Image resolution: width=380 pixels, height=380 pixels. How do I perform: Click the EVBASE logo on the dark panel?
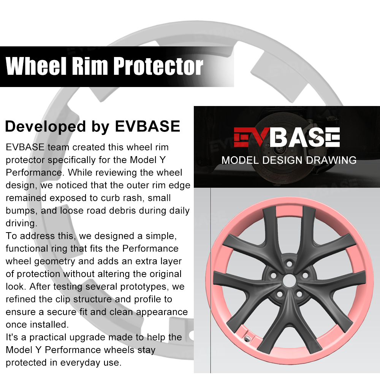tap(287, 138)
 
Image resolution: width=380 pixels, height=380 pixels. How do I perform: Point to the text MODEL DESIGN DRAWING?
tap(289, 160)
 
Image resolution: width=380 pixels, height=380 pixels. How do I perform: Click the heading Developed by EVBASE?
tap(92, 127)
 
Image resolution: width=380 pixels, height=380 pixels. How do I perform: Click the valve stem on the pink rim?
tap(247, 336)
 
